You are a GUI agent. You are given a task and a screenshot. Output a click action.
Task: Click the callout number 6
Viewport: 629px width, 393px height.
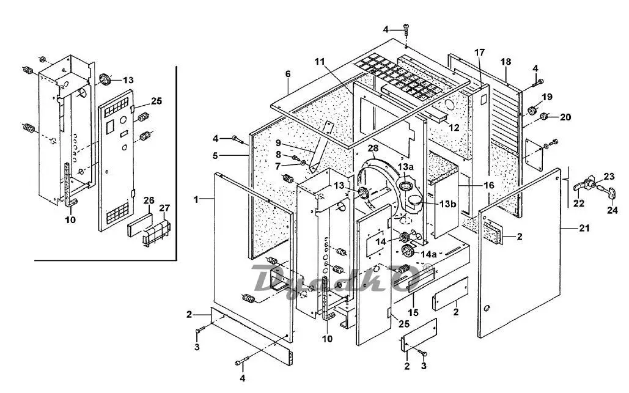288,74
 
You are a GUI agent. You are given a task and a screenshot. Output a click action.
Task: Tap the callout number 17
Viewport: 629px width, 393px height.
479,52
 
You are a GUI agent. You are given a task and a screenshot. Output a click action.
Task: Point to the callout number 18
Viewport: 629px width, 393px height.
506,62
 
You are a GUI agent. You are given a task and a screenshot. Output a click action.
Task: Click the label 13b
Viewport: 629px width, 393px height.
447,204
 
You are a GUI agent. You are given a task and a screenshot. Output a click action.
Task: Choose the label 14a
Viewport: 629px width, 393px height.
429,254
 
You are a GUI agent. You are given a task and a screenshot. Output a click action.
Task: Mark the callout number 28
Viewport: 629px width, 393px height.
373,149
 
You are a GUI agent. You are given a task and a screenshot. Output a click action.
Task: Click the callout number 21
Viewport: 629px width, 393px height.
584,228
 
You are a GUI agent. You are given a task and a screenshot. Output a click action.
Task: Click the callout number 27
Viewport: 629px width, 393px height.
165,208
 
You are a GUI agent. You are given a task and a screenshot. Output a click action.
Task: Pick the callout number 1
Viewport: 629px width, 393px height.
196,199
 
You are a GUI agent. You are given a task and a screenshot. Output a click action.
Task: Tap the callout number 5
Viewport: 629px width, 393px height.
215,155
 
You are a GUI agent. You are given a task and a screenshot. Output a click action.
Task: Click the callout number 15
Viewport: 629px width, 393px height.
413,312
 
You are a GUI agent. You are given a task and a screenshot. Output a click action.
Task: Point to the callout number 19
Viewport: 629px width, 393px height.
546,97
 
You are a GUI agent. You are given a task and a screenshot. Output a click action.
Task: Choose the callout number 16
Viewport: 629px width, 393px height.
489,185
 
